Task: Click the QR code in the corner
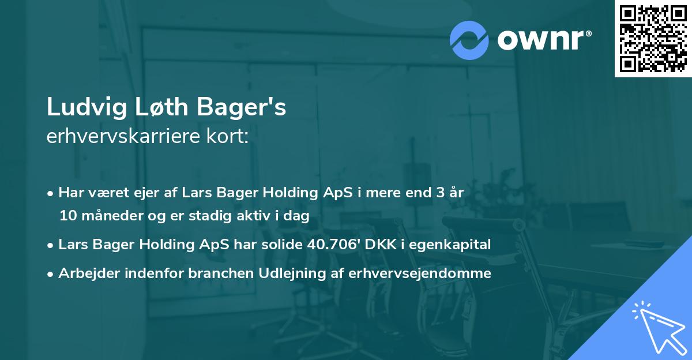(x=653, y=39)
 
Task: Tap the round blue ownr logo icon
(x=469, y=40)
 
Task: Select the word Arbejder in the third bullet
(x=84, y=273)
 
